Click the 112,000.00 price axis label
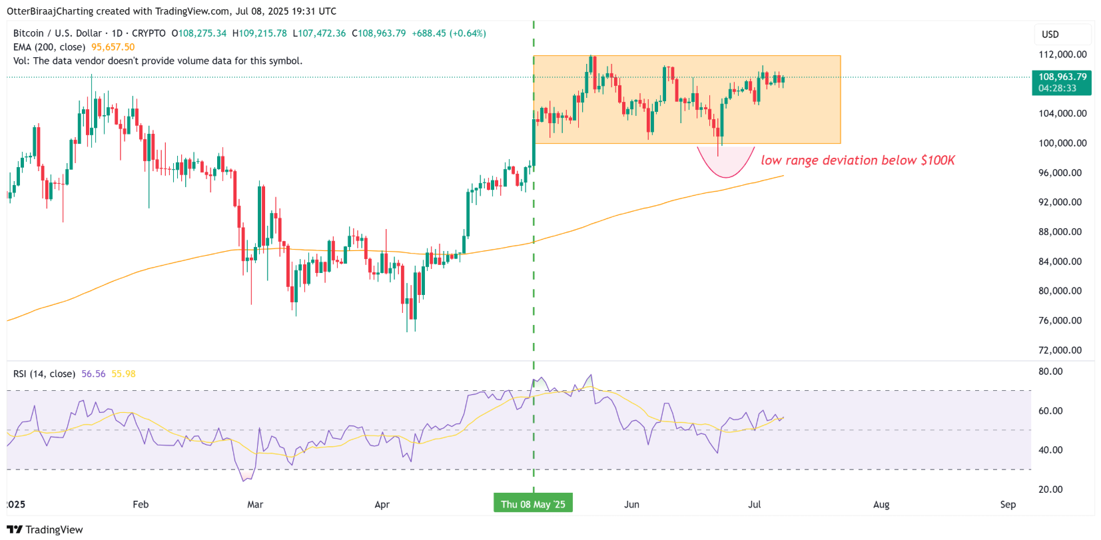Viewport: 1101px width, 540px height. click(x=1062, y=55)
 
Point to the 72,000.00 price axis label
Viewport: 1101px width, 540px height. click(x=1060, y=350)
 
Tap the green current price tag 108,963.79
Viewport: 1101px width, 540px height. click(x=1062, y=77)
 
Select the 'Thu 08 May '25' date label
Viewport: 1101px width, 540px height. click(x=533, y=504)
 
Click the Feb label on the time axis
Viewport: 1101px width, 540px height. click(x=141, y=504)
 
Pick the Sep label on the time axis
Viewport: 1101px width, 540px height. click(x=1008, y=504)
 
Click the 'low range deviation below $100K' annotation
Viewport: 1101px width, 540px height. click(x=858, y=160)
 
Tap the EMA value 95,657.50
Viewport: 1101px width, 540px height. click(x=113, y=47)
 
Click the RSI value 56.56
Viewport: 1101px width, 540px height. click(x=93, y=374)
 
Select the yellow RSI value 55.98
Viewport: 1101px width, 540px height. click(x=123, y=374)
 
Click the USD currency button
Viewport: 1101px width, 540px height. click(x=1050, y=35)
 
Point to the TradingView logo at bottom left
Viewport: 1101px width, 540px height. click(x=45, y=529)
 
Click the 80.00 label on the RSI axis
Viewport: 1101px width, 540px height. click(x=1050, y=372)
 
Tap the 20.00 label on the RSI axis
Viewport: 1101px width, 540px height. click(x=1050, y=489)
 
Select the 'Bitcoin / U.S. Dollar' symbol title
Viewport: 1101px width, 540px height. click(x=57, y=33)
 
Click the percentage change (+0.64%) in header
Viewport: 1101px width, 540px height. click(x=468, y=33)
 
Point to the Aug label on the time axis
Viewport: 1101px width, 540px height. click(x=881, y=504)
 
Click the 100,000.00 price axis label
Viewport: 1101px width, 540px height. click(x=1062, y=143)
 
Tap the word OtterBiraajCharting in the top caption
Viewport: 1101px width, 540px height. click(x=50, y=11)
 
